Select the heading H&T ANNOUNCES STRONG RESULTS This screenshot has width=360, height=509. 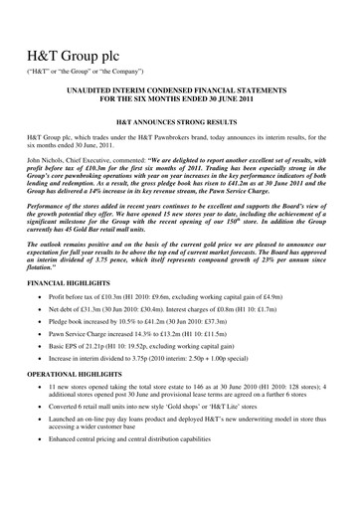pyautogui.click(x=179, y=129)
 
